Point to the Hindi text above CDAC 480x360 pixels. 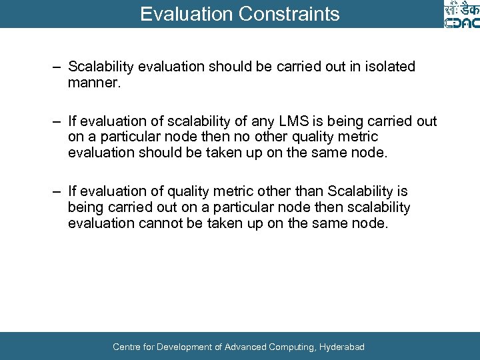pyautogui.click(x=462, y=8)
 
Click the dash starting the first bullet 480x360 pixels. pyautogui.click(x=58, y=67)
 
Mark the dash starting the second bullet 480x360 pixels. pyautogui.click(x=58, y=121)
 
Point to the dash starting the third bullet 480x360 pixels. pyautogui.click(x=58, y=192)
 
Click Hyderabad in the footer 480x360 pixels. pyautogui.click(x=342, y=347)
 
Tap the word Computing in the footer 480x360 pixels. pyautogui.click(x=291, y=347)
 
